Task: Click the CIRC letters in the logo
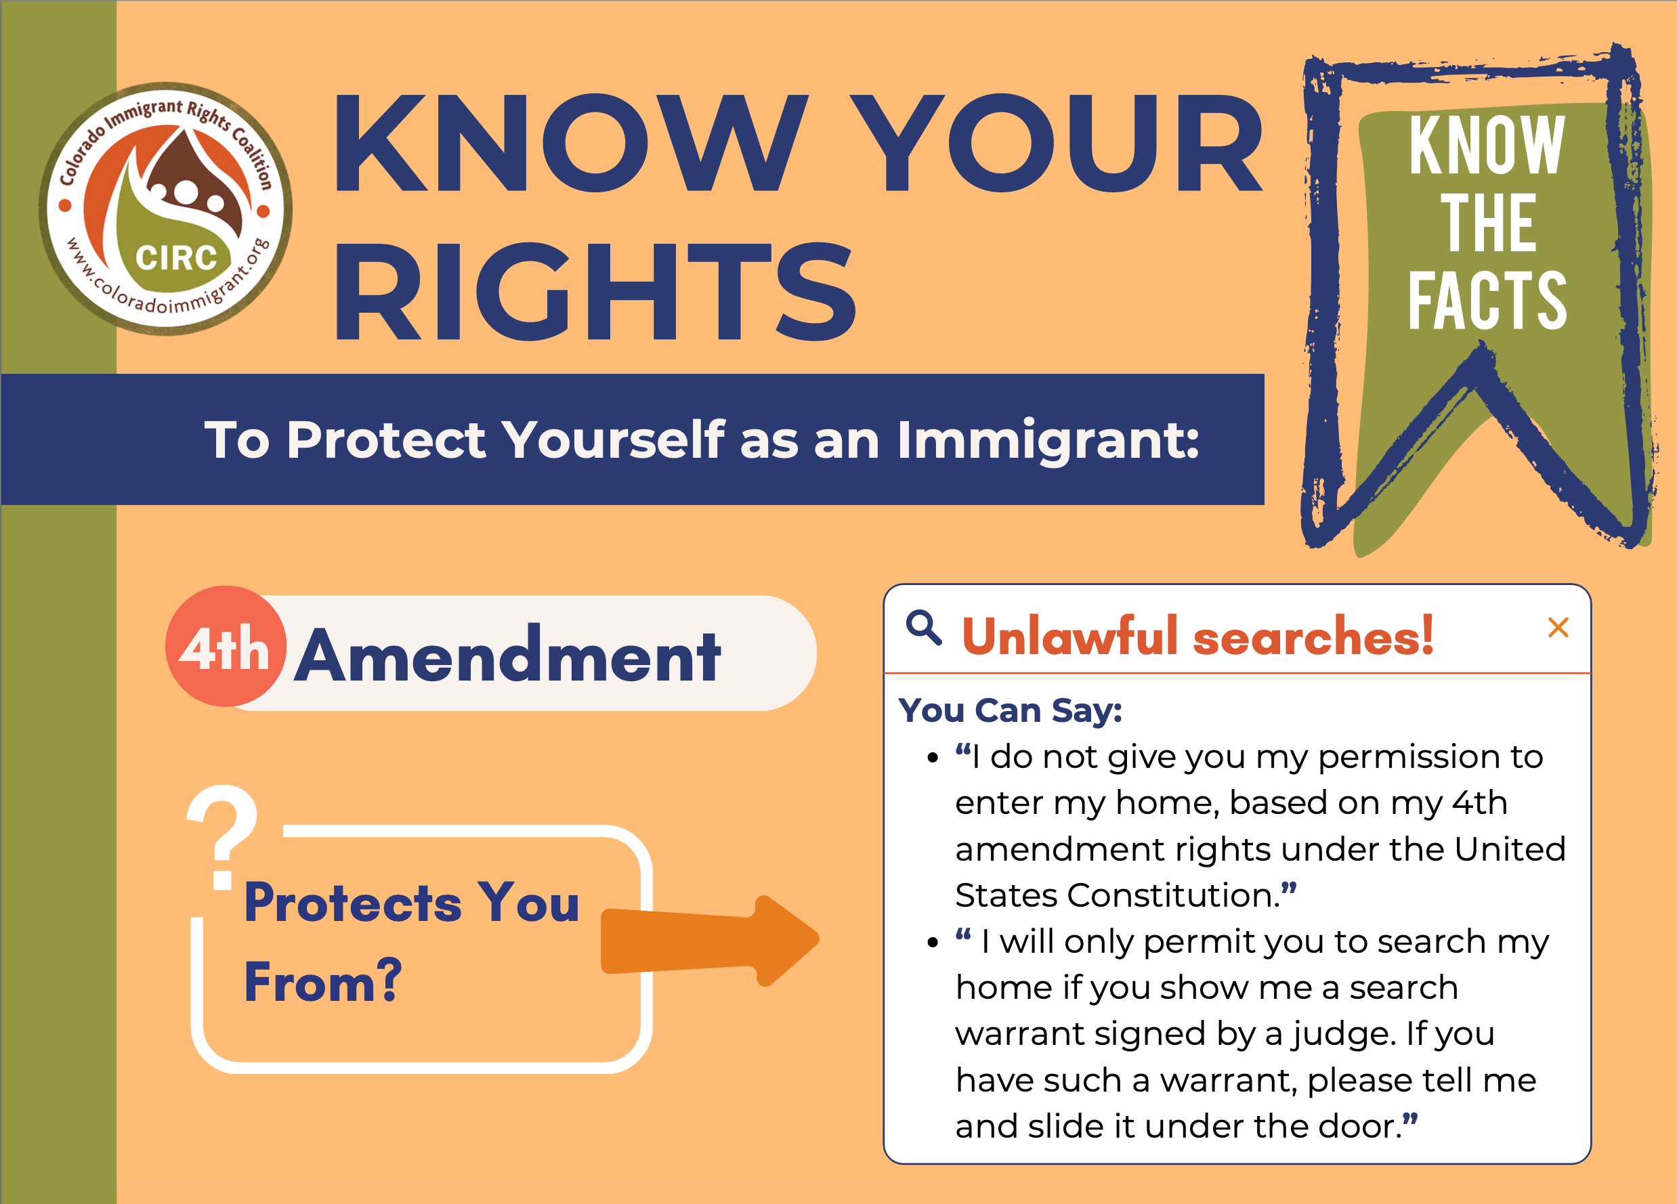tap(176, 258)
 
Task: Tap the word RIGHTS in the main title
tap(595, 293)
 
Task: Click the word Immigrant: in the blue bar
tap(1047, 441)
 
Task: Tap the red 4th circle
tap(225, 646)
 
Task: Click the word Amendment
tap(507, 655)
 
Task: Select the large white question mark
tap(223, 835)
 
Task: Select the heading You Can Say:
tap(1010, 710)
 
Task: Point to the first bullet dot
tap(933, 758)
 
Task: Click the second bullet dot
tap(933, 943)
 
